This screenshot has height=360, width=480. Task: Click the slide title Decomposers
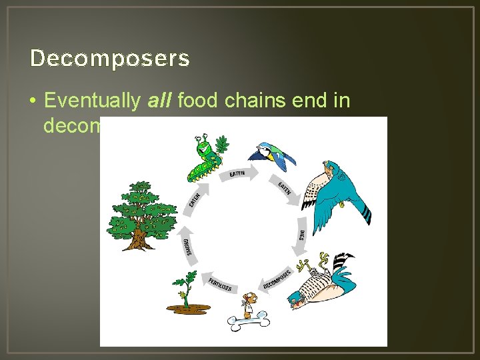(110, 59)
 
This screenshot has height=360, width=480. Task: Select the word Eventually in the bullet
(92, 101)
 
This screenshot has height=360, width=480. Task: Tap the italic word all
(158, 101)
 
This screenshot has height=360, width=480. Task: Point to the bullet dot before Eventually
(33, 101)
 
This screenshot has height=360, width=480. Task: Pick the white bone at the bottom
(248, 323)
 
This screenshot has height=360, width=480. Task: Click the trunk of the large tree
(141, 235)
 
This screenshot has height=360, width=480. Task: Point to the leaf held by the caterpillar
(223, 143)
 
